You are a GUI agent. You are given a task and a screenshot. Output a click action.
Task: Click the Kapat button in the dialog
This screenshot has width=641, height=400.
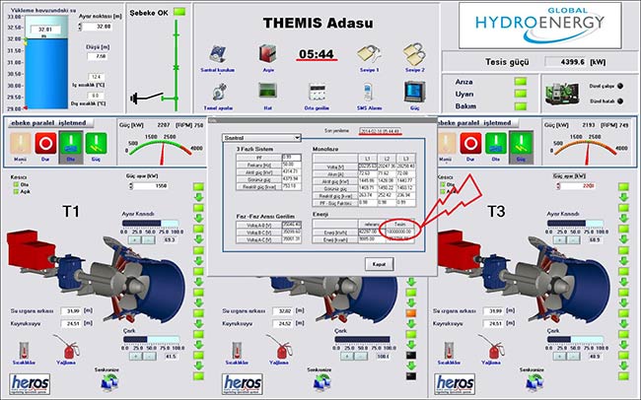(x=379, y=263)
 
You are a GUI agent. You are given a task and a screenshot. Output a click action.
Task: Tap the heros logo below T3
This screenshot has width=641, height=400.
(x=455, y=382)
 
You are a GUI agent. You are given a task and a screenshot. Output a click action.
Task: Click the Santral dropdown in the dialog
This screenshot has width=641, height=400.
(x=261, y=138)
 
